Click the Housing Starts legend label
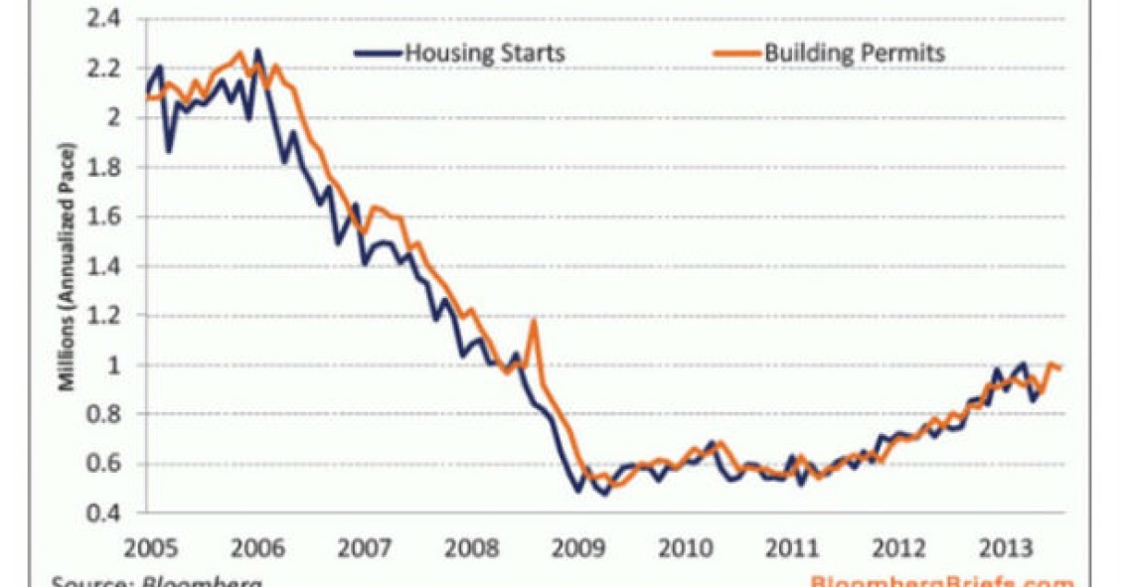485,53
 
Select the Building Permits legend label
855,53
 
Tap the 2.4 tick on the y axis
105,18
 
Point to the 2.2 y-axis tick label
105,68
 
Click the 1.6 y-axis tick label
105,217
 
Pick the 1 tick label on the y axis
115,365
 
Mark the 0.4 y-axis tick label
105,514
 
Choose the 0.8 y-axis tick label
105,414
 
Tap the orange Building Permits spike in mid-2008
535,321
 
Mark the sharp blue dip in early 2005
169,150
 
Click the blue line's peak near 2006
257,51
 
